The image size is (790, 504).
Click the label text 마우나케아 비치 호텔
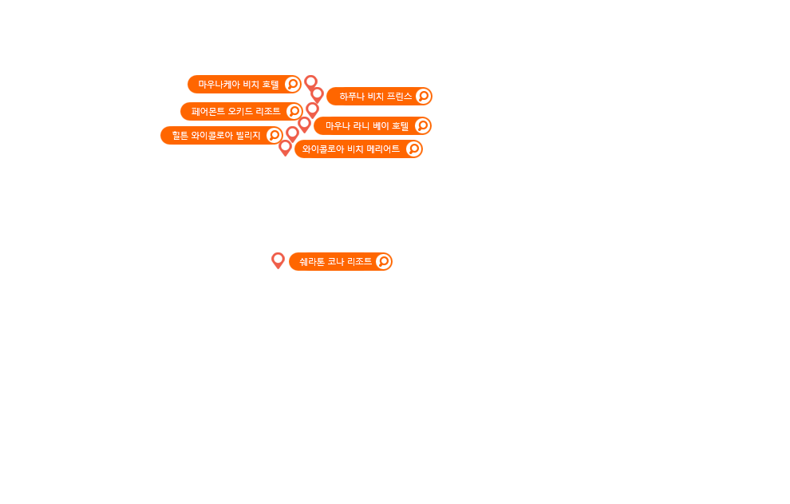click(239, 84)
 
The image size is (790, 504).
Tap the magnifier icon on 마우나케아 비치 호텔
click(292, 84)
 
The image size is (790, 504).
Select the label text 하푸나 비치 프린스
click(375, 96)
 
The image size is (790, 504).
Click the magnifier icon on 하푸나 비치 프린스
click(424, 96)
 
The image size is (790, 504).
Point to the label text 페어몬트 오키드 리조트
click(235, 111)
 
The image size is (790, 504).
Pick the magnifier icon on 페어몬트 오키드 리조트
click(294, 111)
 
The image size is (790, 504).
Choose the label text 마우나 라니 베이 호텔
click(366, 125)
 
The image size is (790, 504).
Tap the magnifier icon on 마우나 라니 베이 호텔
click(423, 125)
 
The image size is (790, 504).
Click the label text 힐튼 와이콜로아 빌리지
click(216, 135)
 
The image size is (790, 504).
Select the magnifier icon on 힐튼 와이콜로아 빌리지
click(274, 135)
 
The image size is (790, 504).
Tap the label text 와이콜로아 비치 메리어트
click(351, 149)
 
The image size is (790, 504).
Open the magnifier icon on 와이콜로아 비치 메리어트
click(413, 149)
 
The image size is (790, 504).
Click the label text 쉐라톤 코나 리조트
click(335, 261)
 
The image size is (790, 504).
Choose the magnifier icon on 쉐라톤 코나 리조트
click(383, 261)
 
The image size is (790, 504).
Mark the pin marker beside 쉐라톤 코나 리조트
click(278, 260)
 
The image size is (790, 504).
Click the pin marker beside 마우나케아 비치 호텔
click(310, 82)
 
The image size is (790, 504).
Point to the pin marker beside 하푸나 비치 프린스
click(317, 95)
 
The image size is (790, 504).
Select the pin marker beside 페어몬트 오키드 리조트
click(312, 109)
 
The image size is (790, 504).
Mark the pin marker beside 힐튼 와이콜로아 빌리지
click(292, 133)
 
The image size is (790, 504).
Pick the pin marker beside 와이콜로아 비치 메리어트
click(285, 148)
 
